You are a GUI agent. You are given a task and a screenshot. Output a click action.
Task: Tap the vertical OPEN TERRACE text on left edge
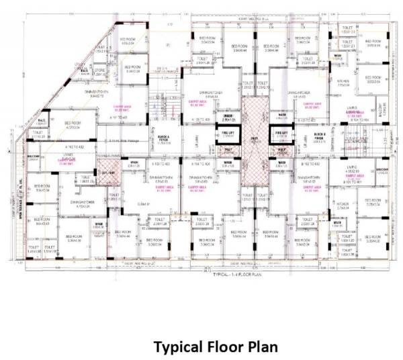[22, 201]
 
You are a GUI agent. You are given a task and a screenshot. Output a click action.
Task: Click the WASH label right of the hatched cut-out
[134, 162]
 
